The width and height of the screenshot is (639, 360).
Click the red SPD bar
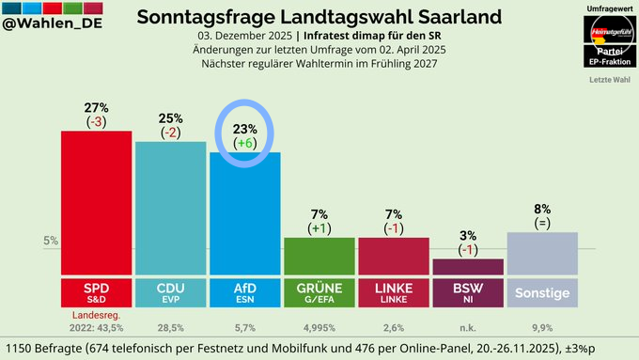[x=96, y=202]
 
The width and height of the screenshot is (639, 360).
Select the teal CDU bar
[x=170, y=209]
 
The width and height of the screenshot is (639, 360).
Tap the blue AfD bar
[x=244, y=214]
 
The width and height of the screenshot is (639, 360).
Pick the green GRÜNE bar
[x=319, y=257]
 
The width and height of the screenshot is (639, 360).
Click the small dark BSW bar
[x=468, y=267]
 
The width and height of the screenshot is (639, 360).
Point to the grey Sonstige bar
[x=542, y=254]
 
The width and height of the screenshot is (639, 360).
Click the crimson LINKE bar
[x=394, y=257]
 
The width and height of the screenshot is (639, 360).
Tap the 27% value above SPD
[x=96, y=108]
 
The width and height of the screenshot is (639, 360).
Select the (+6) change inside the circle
[x=244, y=143]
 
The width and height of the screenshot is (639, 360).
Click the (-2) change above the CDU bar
[x=170, y=133]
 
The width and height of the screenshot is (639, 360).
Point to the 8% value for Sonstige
[x=542, y=209]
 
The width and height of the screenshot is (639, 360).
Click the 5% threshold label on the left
[x=51, y=241]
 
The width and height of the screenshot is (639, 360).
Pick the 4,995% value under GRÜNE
[x=319, y=328]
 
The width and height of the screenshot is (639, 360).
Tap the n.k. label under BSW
[x=468, y=328]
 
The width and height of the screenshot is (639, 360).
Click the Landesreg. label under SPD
[x=96, y=314]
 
